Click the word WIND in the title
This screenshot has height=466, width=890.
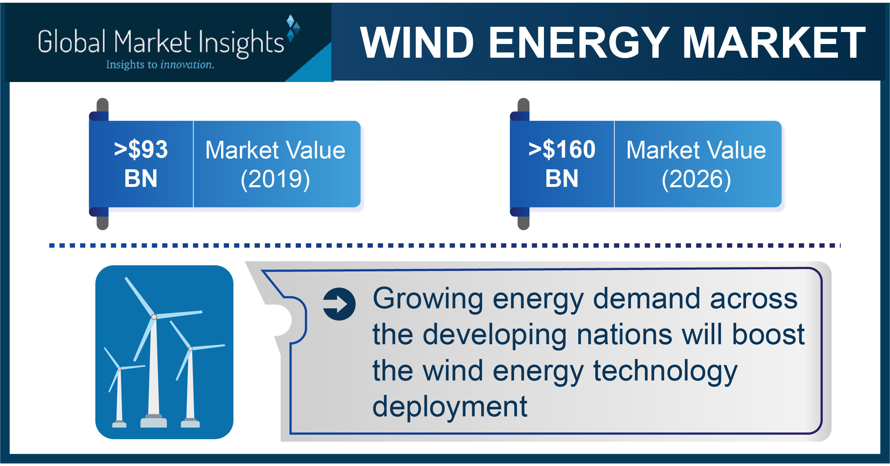pos(417,43)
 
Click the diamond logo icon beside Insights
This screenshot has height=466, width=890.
pos(293,28)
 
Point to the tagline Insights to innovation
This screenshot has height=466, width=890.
pos(160,65)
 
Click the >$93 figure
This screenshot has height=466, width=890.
pos(141,149)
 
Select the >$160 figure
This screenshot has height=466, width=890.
pos(562,149)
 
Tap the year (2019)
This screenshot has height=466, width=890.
pos(275,179)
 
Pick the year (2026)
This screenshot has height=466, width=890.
pos(696,179)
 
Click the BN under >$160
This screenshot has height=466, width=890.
pos(562,178)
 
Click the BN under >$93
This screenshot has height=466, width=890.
pos(141,178)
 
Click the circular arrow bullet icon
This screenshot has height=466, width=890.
pos(339,304)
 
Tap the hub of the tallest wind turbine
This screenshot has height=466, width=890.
pos(154,317)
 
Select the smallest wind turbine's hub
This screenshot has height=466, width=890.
pos(120,369)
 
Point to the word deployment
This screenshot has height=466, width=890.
pos(450,407)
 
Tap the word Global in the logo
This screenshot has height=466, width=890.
pos(72,42)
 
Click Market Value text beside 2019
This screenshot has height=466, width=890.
pos(275,150)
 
